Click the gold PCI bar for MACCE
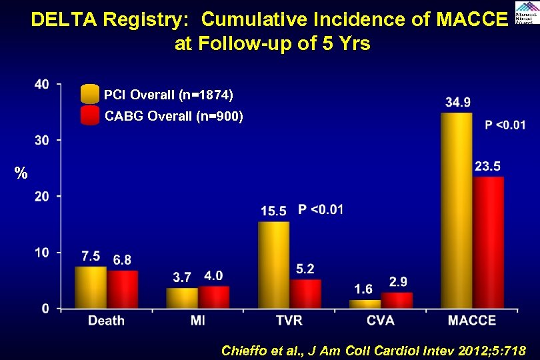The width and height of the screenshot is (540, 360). tap(457, 211)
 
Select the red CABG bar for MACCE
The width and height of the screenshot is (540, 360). tap(489, 243)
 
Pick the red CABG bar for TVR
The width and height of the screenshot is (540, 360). tap(305, 294)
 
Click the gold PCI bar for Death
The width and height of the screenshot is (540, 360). tap(90, 287)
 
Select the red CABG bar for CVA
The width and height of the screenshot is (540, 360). tap(397, 301)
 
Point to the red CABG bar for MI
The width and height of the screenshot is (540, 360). tap(213, 297)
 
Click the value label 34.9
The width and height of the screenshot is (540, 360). tap(458, 102)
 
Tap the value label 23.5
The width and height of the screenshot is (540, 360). tap(489, 166)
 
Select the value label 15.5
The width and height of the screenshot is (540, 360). tap(273, 211)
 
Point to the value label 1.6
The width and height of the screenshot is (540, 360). tap(363, 289)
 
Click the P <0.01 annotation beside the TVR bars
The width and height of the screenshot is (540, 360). tap(321, 210)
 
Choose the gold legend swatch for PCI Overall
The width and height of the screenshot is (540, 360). tap(89, 94)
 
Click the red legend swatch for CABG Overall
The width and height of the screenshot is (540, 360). tap(89, 116)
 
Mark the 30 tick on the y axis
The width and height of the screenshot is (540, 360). tap(41, 140)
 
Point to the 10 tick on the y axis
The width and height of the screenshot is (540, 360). tap(41, 252)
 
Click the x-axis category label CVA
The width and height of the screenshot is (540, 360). tap(380, 321)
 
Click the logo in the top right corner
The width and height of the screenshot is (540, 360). tap(527, 12)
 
